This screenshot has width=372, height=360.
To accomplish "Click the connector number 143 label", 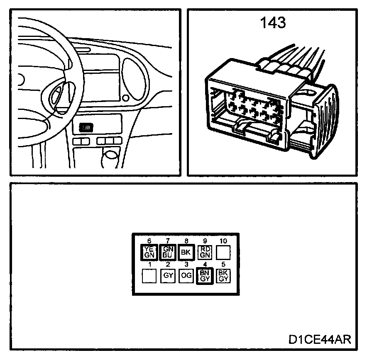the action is coord(273,23).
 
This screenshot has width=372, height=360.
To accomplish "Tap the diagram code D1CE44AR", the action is coord(320,339).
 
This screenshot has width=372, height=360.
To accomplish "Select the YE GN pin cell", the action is coord(149,252).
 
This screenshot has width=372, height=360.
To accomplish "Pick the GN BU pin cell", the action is coord(168,252).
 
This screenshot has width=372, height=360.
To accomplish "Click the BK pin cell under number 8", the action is coord(186,252).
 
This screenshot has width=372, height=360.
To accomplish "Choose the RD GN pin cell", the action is coord(204,252).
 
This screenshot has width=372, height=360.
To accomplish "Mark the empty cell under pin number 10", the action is coord(223,252).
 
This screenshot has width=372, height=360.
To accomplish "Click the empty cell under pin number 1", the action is coord(149,276).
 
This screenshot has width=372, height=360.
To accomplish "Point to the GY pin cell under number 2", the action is coord(168,276).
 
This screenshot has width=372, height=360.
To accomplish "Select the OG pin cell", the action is coord(186,276).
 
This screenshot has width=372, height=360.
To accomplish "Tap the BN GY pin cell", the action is coord(204,276).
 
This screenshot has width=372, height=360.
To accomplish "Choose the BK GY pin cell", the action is coord(223,275).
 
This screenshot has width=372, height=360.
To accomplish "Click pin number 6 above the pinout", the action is coord(149,241).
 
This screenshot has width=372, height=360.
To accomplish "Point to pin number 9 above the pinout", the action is coord(205,241).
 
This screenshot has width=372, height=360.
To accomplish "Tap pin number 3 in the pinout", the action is coord(186,265).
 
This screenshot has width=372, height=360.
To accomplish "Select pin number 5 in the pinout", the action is coord(223,265).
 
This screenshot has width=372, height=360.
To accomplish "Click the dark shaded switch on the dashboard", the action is coord(86,128).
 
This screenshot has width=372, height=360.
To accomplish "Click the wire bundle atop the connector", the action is coord(291,62).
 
